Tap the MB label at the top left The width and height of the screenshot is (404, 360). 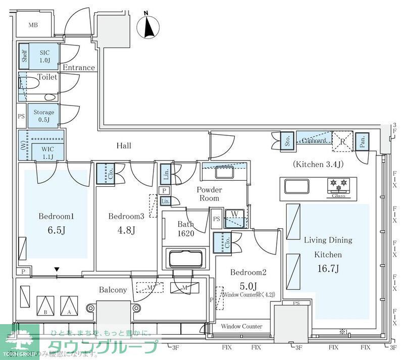(x=33, y=25)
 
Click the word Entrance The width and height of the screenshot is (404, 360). (x=78, y=67)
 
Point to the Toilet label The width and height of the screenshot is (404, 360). (x=47, y=77)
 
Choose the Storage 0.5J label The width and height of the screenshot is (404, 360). (x=43, y=116)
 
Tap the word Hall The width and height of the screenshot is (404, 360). (x=124, y=146)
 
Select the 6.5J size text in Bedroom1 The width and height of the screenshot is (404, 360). (x=57, y=230)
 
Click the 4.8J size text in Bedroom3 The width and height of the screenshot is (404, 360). (x=126, y=230)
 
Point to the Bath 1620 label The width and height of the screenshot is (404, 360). (x=186, y=228)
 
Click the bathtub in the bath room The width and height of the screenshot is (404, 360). (x=186, y=259)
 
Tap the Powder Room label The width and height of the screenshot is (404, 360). (x=209, y=194)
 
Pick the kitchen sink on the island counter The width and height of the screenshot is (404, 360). (x=296, y=187)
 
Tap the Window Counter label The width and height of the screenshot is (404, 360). (x=241, y=326)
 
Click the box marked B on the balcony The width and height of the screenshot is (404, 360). (x=45, y=304)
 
